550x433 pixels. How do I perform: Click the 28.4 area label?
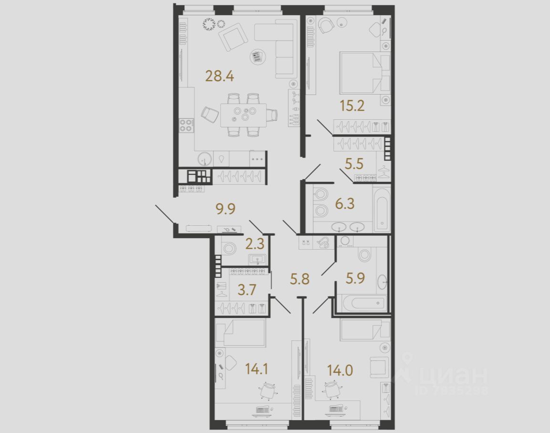219,75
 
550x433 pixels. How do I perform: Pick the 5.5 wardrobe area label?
354,164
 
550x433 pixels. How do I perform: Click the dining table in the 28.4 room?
243,115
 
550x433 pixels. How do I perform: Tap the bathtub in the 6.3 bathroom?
382,209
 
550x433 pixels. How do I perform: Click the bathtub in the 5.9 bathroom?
361,303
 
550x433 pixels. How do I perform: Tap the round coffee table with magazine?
257,57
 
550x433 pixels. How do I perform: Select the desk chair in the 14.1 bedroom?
267,390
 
